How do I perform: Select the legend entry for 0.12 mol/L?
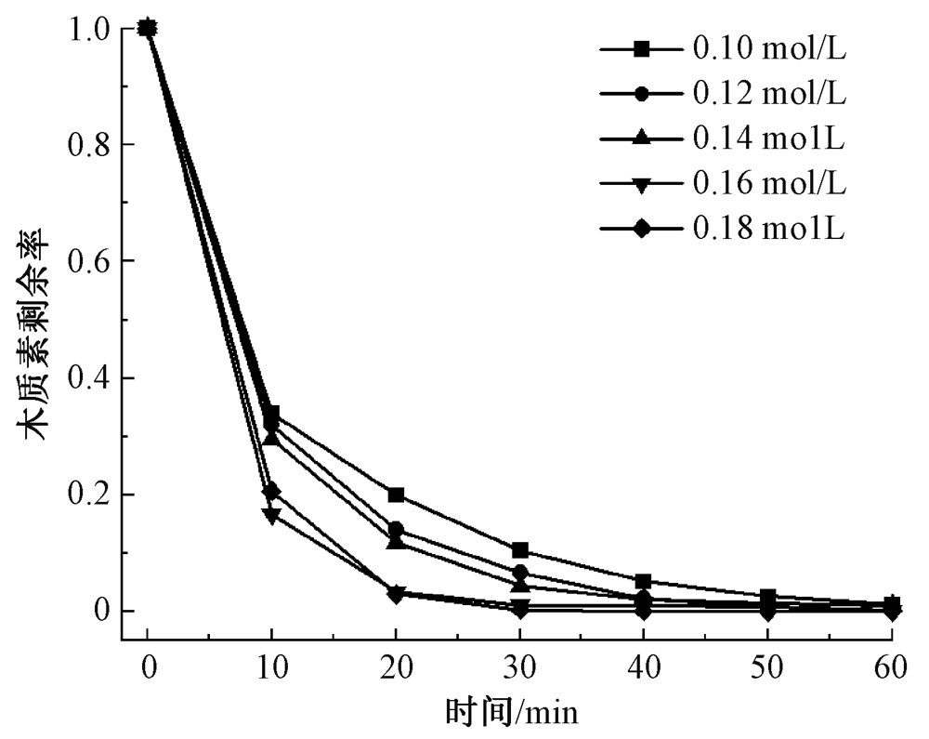coord(723,93)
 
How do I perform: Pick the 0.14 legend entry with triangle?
coord(723,138)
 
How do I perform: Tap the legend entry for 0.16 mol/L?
coord(723,182)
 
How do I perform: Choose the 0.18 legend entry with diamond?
coord(723,227)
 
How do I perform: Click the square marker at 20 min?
coord(396,495)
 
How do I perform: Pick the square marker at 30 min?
coord(520,550)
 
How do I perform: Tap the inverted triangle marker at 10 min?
coord(271,515)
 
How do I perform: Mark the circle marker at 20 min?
coord(396,529)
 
